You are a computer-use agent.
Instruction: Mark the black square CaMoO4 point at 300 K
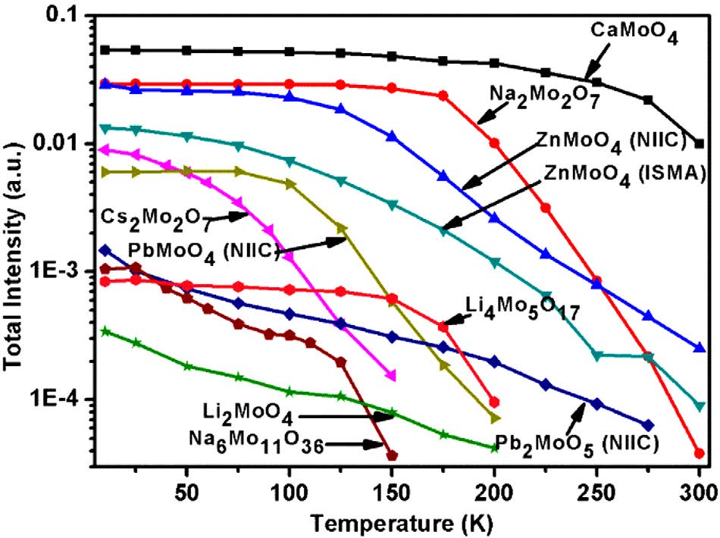700,143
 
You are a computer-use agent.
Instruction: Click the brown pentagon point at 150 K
392,455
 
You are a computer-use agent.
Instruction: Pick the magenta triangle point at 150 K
391,375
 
